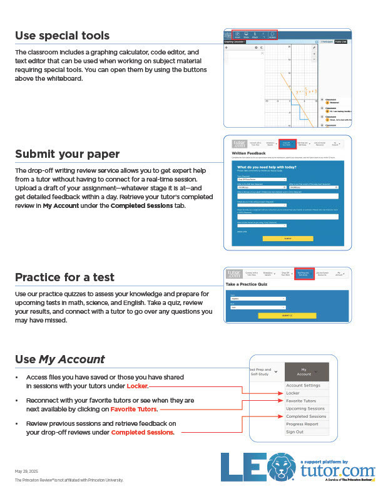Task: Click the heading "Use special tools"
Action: point(62,36)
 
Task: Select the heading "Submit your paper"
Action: point(67,154)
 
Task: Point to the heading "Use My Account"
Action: point(59,359)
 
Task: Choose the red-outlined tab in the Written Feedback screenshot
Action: point(287,143)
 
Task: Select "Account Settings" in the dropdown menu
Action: point(303,385)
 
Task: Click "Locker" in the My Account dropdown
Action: point(293,393)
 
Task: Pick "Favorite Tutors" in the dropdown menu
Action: point(301,401)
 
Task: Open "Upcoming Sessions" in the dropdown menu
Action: point(305,408)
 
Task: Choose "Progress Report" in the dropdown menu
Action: point(302,424)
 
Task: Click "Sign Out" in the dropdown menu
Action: point(295,431)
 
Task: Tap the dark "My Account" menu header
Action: point(306,371)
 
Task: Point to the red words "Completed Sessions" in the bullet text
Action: point(142,432)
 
